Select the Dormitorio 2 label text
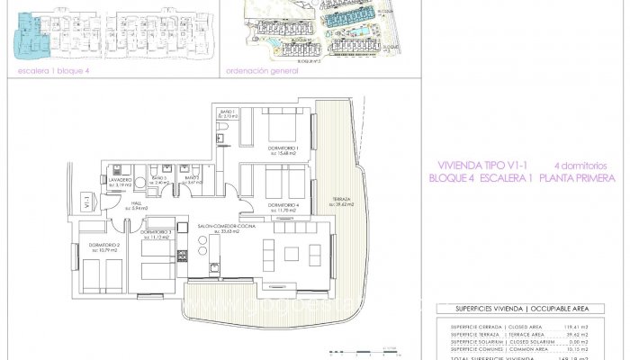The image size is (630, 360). pyautogui.click(x=106, y=245)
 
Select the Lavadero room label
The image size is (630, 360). pyautogui.click(x=121, y=180)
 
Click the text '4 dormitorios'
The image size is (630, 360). pyautogui.click(x=581, y=166)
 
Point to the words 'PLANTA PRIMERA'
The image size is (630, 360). pyautogui.click(x=577, y=178)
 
